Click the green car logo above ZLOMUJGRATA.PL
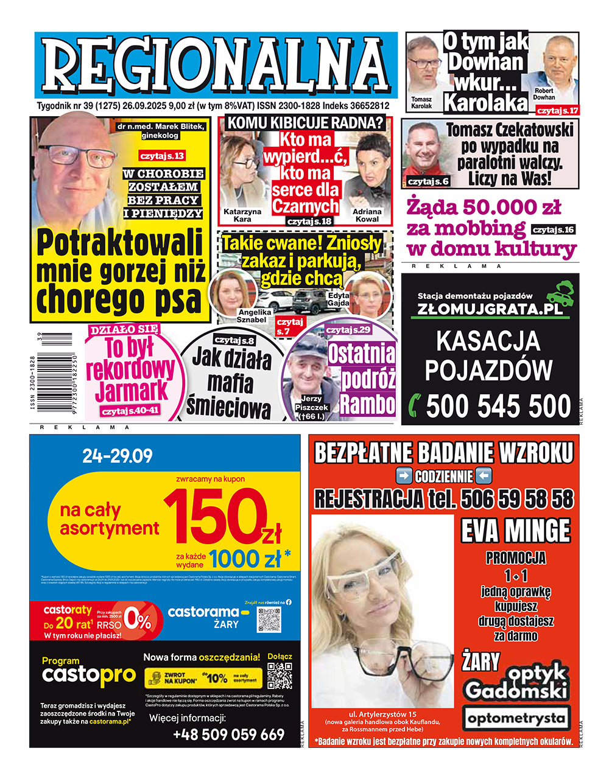pyautogui.click(x=561, y=291)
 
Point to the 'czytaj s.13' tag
pyautogui.click(x=162, y=156)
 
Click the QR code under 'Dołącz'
pyautogui.click(x=280, y=676)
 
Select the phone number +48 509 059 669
pyautogui.click(x=228, y=735)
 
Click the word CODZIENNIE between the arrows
pyautogui.click(x=443, y=476)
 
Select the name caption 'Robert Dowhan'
pyautogui.click(x=544, y=93)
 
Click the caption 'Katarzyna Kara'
pyautogui.click(x=242, y=215)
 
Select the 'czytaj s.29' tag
pyautogui.click(x=348, y=330)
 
